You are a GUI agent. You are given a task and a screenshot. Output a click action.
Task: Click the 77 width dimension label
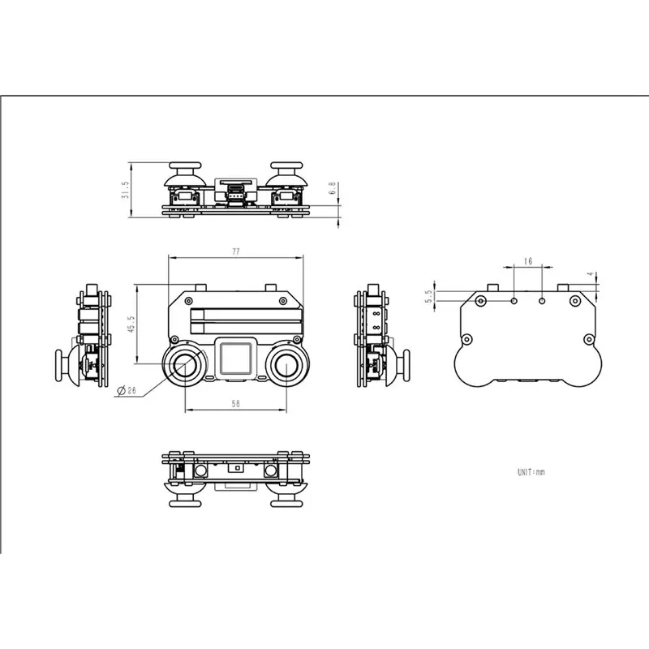click(236, 251)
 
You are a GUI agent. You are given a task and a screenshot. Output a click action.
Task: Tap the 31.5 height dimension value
click(126, 190)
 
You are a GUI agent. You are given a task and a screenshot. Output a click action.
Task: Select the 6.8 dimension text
click(333, 188)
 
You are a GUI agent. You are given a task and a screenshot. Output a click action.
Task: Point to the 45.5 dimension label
click(131, 324)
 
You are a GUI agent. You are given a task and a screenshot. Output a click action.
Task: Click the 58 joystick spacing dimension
click(235, 403)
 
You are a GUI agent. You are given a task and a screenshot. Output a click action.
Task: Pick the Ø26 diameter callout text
click(127, 390)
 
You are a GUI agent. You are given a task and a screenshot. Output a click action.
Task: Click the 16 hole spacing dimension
click(528, 261)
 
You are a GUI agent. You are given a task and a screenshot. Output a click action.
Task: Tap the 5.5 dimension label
click(428, 296)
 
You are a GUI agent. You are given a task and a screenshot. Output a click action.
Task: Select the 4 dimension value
click(591, 274)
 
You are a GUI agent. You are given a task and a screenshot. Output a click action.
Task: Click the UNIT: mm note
click(531, 472)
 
